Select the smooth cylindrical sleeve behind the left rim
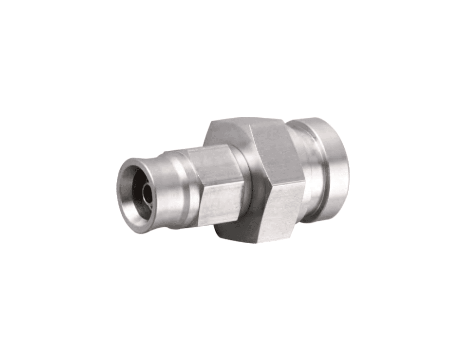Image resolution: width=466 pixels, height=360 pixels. (x=163, y=195)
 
